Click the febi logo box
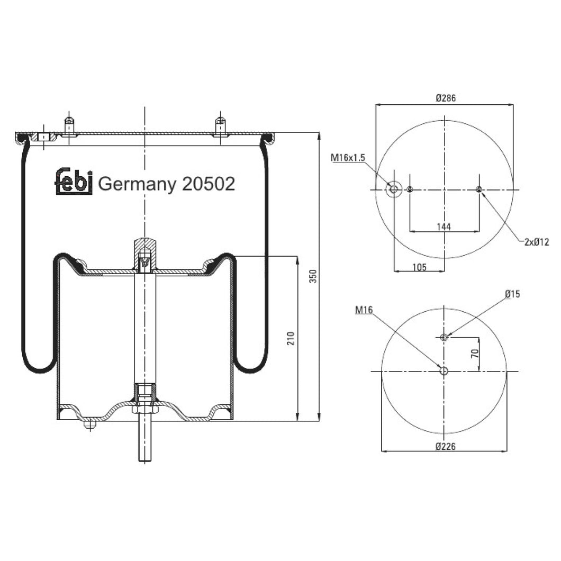point(74,182)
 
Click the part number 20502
point(208,184)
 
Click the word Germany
point(138,184)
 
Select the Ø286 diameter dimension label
point(446,98)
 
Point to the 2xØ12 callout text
point(536,242)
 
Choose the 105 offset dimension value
point(419,267)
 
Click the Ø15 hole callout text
point(512,294)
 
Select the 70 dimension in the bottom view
point(475,354)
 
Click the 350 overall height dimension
point(313,276)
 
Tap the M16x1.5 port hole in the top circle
point(393,189)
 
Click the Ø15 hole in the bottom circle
point(444,337)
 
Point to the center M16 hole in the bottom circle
point(444,371)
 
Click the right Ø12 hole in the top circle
point(479,189)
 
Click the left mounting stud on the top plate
point(69,125)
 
